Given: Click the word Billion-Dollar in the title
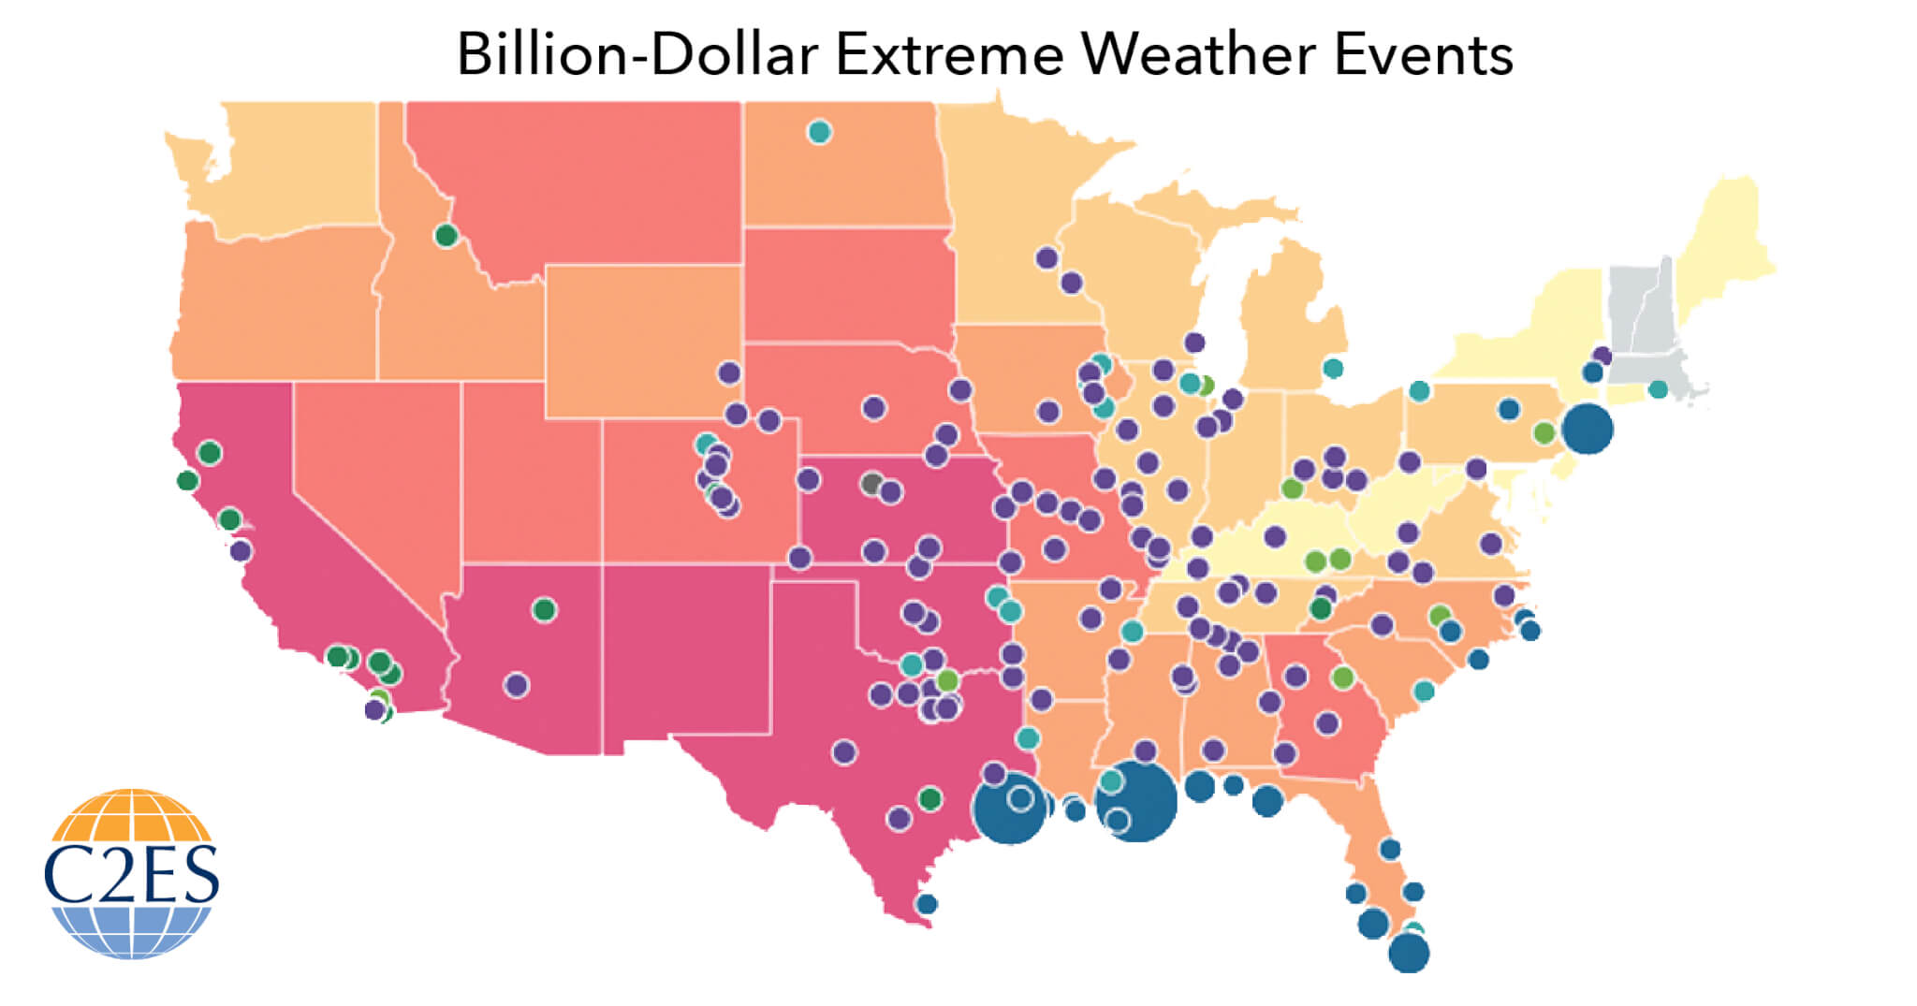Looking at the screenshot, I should [637, 54].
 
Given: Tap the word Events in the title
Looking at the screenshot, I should [1423, 54].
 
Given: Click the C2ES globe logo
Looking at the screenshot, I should [131, 872].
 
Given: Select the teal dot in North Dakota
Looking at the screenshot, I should [819, 132].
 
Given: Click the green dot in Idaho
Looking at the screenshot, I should [446, 235].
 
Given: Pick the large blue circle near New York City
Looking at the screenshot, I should [1588, 429].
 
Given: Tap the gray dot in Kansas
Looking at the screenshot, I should [871, 484].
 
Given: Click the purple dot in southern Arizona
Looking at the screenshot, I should [517, 685].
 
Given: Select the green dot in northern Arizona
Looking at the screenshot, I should [544, 610].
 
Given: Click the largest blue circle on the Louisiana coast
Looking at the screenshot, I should [1135, 801].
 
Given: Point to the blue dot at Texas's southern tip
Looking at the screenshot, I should [927, 904].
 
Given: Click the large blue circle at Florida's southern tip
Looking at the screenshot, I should [1409, 954].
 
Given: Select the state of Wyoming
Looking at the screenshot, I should [644, 342].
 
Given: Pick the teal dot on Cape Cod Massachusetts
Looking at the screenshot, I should [1658, 388].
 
